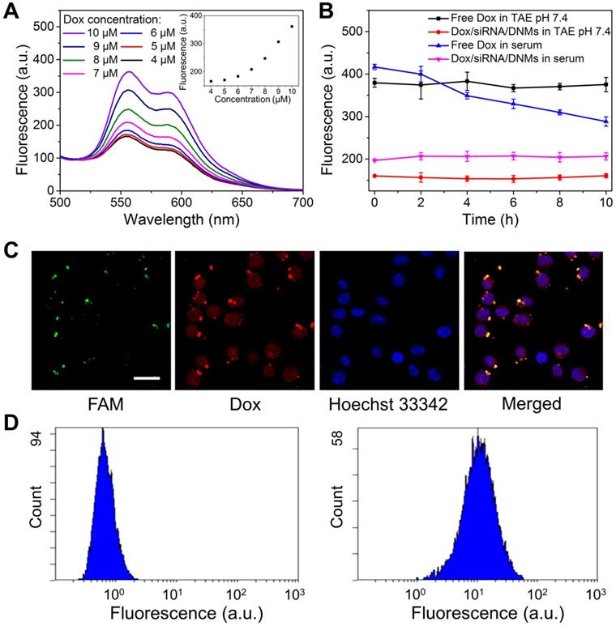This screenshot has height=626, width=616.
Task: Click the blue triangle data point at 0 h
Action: point(374,67)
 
